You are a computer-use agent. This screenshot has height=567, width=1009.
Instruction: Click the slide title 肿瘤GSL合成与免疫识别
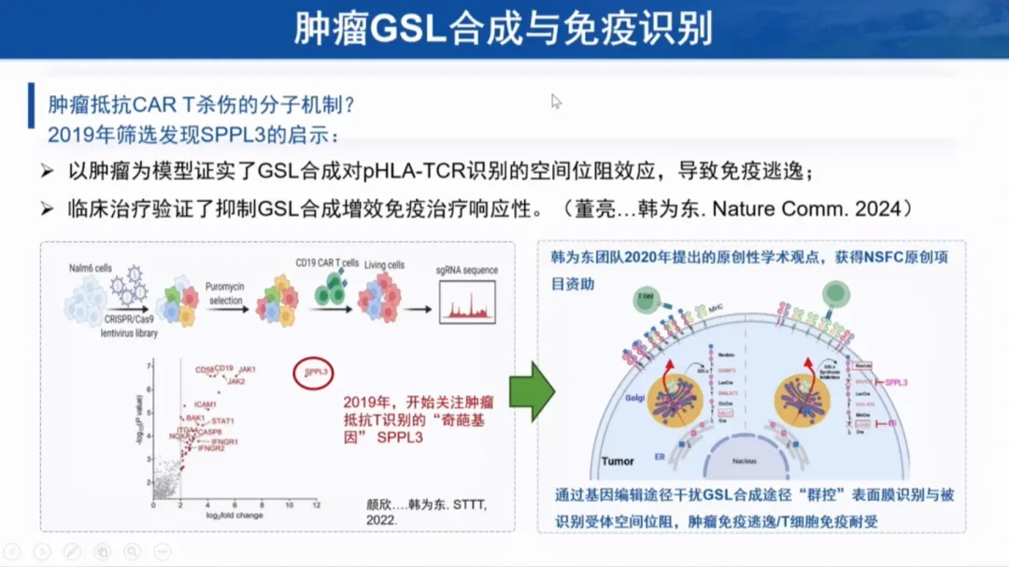(504, 28)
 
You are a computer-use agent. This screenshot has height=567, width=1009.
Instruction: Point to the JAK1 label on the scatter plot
(247, 370)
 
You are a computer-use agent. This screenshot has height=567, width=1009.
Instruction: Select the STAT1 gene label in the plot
(223, 421)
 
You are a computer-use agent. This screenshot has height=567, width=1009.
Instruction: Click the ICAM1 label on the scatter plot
(206, 404)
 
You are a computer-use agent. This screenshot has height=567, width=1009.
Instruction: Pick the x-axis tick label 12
(317, 505)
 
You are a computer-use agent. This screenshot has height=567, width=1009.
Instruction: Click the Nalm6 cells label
(91, 268)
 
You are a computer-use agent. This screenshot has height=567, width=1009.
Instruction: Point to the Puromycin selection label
(226, 294)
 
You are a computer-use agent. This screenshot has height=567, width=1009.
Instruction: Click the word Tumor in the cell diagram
(618, 461)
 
